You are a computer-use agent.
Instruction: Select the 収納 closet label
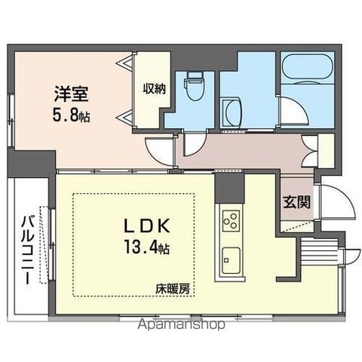(x=155, y=87)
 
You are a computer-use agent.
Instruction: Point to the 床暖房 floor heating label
(x=173, y=288)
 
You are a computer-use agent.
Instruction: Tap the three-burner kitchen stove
(x=231, y=221)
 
